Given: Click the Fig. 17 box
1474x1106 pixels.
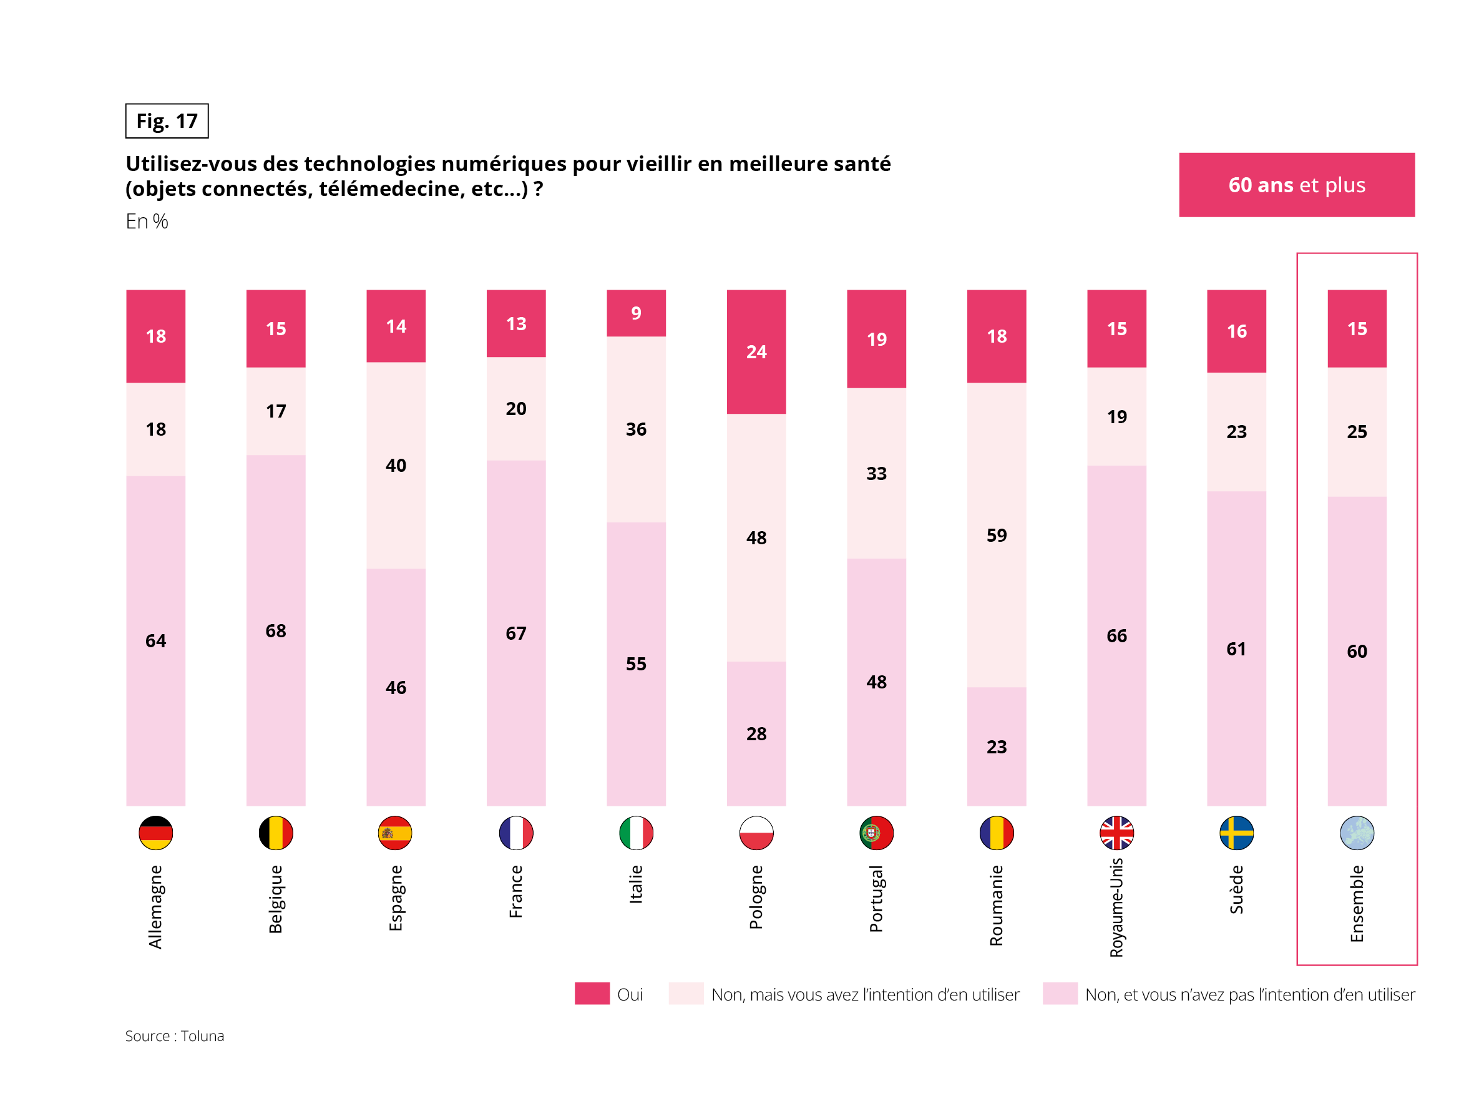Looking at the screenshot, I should click(x=167, y=120).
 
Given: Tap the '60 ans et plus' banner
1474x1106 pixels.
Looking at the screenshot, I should click(x=1296, y=185).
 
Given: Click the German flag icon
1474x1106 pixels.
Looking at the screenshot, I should click(x=156, y=833).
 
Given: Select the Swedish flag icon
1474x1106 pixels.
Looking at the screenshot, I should click(x=1236, y=833).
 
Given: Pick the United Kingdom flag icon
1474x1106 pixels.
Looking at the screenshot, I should click(x=1116, y=833).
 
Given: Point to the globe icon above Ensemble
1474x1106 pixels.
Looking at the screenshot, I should click(x=1357, y=833).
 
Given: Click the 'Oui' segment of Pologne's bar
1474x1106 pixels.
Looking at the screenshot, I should click(x=756, y=351).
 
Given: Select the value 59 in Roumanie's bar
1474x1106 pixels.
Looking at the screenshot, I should click(x=996, y=536).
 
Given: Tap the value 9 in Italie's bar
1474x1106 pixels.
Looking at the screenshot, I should click(x=637, y=313).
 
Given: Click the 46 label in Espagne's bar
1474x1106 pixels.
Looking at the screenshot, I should click(x=396, y=687).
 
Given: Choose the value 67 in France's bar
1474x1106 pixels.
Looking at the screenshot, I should click(x=515, y=634).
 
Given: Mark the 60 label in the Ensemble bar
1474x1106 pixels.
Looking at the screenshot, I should click(x=1357, y=652).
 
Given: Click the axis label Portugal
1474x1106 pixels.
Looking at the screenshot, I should click(x=876, y=898).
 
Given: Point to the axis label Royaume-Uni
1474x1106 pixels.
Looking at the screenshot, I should click(x=1116, y=908).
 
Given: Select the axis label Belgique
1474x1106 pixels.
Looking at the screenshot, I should click(x=276, y=899).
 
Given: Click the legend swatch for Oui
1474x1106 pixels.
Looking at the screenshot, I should click(x=592, y=993).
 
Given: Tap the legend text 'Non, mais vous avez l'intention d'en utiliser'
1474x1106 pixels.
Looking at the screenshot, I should click(x=865, y=995).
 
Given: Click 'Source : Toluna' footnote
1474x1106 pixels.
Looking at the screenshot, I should click(x=175, y=1036).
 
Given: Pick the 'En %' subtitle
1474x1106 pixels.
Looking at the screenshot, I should click(x=147, y=222).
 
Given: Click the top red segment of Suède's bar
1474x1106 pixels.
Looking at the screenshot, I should click(x=1236, y=331).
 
